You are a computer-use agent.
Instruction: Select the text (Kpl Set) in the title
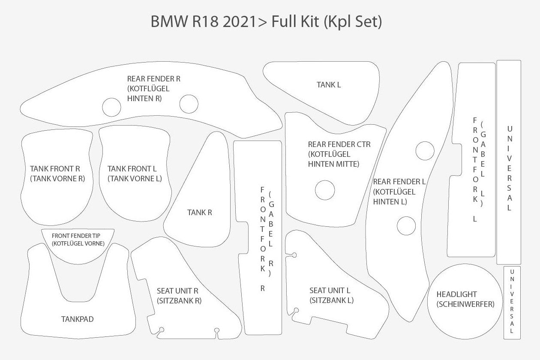point(352,21)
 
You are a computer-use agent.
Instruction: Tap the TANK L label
point(329,85)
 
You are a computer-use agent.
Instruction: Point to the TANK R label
point(200,212)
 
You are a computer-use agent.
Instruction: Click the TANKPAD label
point(77,319)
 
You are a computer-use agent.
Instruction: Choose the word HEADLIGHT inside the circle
point(456,294)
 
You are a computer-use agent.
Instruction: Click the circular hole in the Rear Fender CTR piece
point(324,190)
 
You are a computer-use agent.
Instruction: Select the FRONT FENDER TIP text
point(78,236)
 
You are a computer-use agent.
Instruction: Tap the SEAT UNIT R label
point(177,291)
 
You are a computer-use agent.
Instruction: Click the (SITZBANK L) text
point(331,300)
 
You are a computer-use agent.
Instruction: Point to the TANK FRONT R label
point(55,169)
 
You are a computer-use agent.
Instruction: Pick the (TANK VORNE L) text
point(135,178)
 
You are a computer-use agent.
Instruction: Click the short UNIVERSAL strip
point(512,303)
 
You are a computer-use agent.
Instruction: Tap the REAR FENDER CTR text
point(339,144)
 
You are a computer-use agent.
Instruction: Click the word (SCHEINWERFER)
point(465,304)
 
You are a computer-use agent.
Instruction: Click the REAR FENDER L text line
point(399,182)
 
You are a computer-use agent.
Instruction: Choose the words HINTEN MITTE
point(333,164)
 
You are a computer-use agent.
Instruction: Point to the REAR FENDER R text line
point(153,79)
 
